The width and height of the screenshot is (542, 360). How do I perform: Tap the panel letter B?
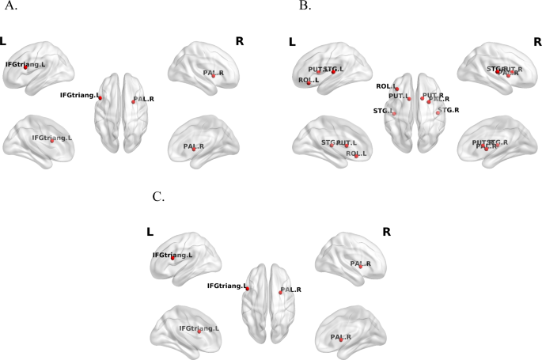[305, 6]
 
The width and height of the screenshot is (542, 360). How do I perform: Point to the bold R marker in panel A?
[240, 40]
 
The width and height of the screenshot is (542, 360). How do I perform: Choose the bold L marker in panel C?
[150, 232]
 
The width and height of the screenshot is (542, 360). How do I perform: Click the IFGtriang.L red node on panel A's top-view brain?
[100, 98]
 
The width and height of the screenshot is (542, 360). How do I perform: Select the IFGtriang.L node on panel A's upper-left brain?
[25, 67]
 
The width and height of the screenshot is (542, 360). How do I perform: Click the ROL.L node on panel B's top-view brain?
[396, 89]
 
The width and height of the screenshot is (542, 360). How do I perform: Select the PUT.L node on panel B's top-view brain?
[409, 98]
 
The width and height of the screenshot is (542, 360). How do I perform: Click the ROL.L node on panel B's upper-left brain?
[309, 82]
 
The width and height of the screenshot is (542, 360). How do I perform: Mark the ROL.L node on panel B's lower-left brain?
[356, 156]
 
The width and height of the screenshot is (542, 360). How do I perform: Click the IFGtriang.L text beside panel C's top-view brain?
[226, 285]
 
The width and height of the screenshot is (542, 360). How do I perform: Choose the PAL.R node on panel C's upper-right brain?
[360, 267]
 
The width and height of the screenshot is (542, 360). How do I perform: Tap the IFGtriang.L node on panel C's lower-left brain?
[199, 331]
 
